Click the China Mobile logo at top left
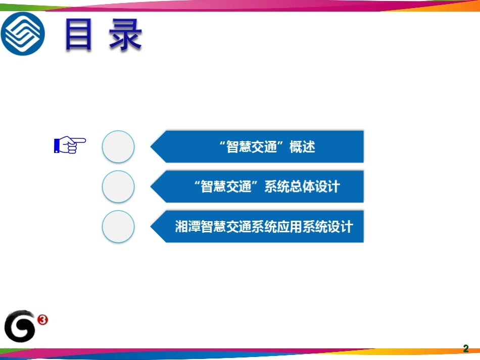(x=22, y=33)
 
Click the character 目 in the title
(x=78, y=35)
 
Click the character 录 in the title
(x=125, y=35)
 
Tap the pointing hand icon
(x=70, y=145)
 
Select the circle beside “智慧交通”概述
(x=118, y=147)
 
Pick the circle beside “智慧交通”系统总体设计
(x=118, y=187)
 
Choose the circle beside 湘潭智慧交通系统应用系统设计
(x=118, y=227)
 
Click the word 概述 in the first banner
(x=302, y=147)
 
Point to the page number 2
(x=466, y=349)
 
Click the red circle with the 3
(x=43, y=319)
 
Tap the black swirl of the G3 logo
(x=20, y=327)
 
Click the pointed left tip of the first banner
(x=152, y=147)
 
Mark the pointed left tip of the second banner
(x=152, y=187)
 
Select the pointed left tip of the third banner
(x=152, y=227)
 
